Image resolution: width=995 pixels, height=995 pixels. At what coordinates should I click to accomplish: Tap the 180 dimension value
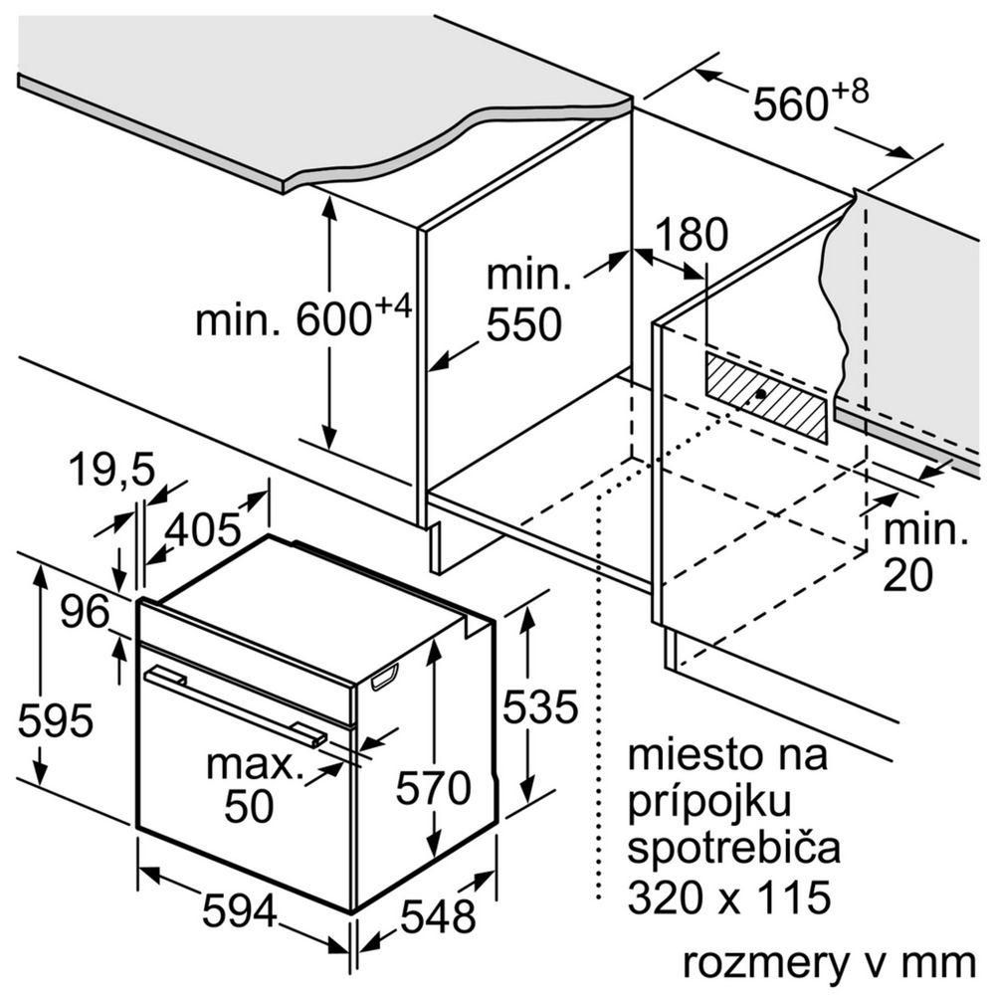pos(692,236)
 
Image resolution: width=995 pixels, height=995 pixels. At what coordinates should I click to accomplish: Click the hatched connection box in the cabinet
pos(766,395)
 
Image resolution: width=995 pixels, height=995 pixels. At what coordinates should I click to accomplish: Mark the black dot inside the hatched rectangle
pos(761,394)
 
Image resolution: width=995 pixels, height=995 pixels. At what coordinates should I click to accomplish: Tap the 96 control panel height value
pos(84,611)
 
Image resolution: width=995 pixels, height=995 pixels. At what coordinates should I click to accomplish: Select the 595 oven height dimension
pos(56,718)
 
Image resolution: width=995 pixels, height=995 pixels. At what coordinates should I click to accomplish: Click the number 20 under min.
pos(908,576)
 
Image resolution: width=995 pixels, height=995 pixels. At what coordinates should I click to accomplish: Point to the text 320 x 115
pos(728,897)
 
